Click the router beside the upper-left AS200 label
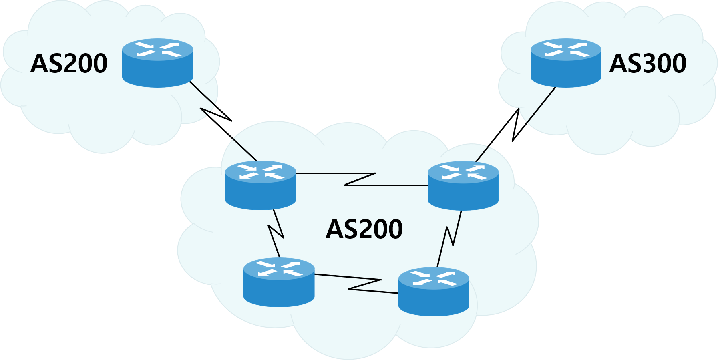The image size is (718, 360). coord(157,63)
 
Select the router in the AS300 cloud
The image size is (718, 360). coord(565,63)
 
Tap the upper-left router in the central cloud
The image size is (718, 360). coord(260,185)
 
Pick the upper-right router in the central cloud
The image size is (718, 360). coord(463,186)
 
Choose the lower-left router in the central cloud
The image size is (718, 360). coord(279,282)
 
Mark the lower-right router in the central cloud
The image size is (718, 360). coord(434,292)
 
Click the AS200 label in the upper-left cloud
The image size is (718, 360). coord(69,64)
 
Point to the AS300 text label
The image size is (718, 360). coord(648,64)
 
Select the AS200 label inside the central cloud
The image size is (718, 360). coord(364,229)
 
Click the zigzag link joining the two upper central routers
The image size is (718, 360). coord(360,179)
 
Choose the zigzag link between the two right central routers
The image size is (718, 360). coord(449,236)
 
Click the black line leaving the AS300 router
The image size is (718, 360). coord(541,105)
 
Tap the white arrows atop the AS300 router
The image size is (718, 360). coord(565,49)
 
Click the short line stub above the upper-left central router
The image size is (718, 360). coord(245,149)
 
